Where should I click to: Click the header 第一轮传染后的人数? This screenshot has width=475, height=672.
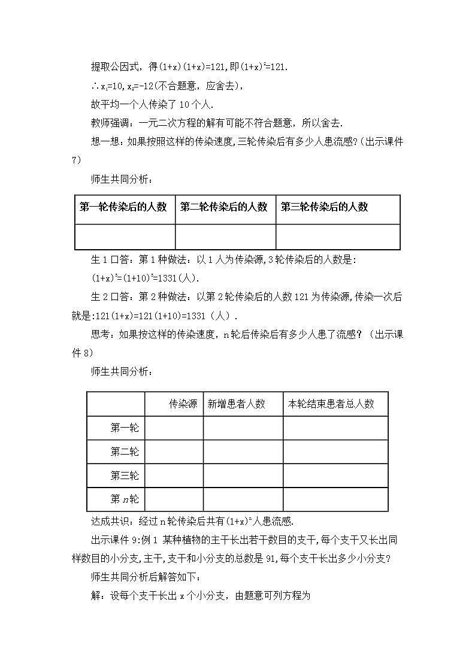coord(123,207)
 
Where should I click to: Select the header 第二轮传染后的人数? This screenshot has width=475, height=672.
coord(224,207)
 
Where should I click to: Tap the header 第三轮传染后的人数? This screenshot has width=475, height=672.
coord(325,207)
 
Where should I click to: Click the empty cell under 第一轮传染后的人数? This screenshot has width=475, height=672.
coord(125,237)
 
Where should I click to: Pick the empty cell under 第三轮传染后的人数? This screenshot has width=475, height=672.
coord(338,237)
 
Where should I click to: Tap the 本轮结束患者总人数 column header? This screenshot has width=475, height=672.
coord(331,404)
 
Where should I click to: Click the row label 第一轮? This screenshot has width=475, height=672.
coord(125,428)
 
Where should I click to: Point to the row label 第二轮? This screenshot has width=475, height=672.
coord(125,452)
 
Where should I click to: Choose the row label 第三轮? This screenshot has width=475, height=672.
coord(125,476)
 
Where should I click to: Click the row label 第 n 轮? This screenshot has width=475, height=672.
coord(125,500)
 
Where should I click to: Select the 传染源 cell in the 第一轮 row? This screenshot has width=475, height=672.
coord(174,428)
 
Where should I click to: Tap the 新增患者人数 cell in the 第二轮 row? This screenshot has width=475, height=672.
coord(243,452)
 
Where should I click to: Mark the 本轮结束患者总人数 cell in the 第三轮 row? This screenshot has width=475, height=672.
coord(335,476)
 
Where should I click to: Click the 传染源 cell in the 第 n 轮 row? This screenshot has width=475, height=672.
coord(174,500)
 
